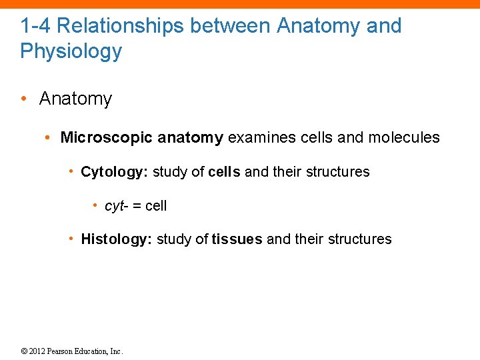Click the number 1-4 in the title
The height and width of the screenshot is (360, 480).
[35, 26]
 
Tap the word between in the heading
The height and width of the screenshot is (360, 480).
[230, 26]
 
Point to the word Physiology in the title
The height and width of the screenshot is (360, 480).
[71, 51]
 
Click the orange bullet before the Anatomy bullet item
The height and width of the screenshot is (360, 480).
[23, 99]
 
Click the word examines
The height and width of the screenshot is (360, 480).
[254, 138]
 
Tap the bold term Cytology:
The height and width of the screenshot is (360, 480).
[114, 172]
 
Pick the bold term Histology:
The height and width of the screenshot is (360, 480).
[116, 239]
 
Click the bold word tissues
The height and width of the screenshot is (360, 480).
[237, 239]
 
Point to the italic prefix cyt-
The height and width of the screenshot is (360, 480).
[115, 206]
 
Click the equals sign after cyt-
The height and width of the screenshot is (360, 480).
[135, 206]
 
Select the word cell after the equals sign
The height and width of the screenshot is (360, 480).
[155, 206]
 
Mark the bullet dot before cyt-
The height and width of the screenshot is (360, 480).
[95, 206]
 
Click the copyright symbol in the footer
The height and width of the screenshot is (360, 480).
[25, 351]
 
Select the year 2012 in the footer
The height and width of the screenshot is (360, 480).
[37, 351]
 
